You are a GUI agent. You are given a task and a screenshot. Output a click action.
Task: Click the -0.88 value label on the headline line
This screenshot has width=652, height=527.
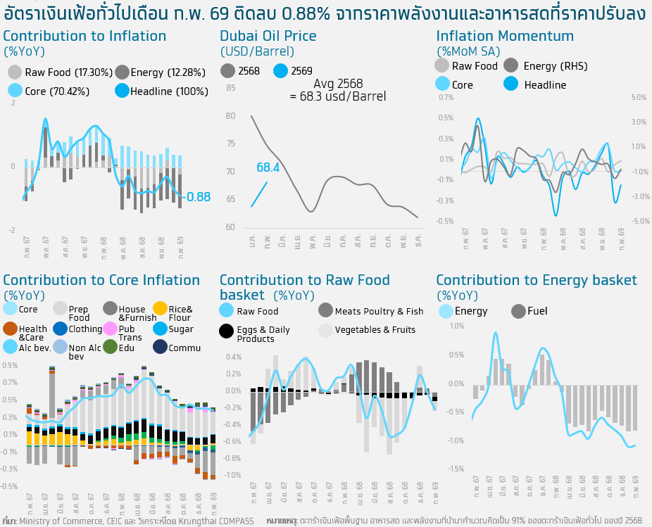pos(196,198)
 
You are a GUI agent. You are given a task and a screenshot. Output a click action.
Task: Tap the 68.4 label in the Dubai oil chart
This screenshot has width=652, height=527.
pos(268,167)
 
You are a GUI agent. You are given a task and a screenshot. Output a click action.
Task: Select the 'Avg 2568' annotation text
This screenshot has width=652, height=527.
pos(338,84)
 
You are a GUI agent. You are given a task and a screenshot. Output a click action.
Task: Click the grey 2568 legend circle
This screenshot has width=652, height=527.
pos(227,70)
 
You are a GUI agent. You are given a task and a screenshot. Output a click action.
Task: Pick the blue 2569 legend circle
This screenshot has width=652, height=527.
pos(280,70)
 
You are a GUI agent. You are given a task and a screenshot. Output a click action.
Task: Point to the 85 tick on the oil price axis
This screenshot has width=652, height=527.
pos(231,87)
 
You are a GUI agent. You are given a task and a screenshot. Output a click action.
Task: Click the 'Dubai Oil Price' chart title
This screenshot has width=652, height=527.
pos(268,36)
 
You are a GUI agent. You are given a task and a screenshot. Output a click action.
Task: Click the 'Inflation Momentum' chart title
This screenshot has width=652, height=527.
pos(505,36)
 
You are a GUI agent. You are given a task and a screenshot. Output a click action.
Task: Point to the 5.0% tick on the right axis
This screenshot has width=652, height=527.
pos(638,97)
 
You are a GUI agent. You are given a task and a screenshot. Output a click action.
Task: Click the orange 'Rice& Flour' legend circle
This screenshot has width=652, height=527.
pos(160,308)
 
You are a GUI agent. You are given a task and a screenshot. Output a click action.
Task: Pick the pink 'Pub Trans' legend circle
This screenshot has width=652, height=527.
pos(110,328)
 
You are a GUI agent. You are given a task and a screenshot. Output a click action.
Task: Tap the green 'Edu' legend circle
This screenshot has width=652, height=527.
pos(110,347)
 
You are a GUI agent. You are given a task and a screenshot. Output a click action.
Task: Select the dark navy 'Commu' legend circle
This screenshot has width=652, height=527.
pos(160,347)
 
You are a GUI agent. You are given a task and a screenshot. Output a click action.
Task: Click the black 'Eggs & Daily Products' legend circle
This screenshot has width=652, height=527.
pos(227,330)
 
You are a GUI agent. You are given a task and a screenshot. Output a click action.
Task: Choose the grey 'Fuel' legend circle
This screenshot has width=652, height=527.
pos(519,311)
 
